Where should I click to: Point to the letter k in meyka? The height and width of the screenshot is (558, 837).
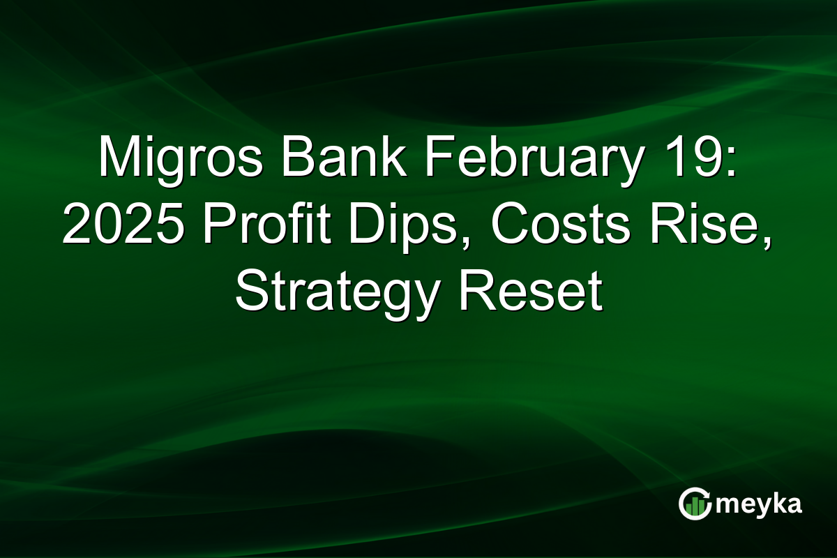(x=776, y=504)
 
